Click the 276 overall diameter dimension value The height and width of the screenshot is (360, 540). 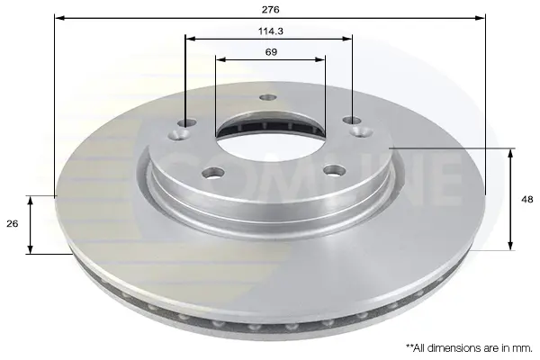coord(270,10)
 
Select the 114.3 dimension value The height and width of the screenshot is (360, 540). coord(271,31)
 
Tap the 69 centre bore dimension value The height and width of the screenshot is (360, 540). coord(271,52)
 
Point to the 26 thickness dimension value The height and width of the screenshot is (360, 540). coord(12,223)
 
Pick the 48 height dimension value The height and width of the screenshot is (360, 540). coord(527,200)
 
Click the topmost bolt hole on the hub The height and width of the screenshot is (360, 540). coord(268,97)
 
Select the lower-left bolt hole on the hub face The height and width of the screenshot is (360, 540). coord(213,173)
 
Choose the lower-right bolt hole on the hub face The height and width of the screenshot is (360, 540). coord(335,170)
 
